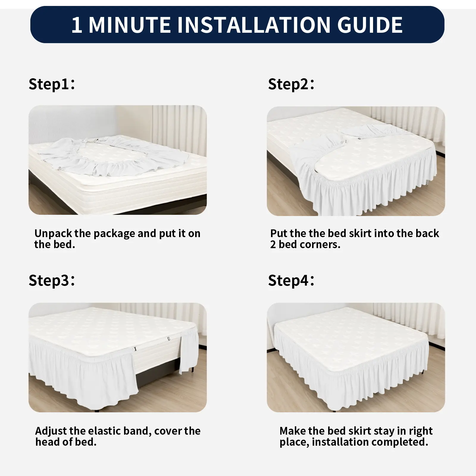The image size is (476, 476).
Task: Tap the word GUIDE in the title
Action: [370, 25]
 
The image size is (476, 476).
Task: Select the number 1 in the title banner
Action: [77, 25]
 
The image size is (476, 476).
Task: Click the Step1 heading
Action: [51, 84]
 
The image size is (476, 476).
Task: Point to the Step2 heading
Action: [291, 84]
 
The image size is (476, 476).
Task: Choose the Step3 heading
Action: [51, 281]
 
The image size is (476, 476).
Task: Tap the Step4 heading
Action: [291, 281]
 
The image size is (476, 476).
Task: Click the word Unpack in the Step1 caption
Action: [53, 234]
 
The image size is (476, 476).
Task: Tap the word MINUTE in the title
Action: [130, 25]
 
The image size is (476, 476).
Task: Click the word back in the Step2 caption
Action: [427, 234]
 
